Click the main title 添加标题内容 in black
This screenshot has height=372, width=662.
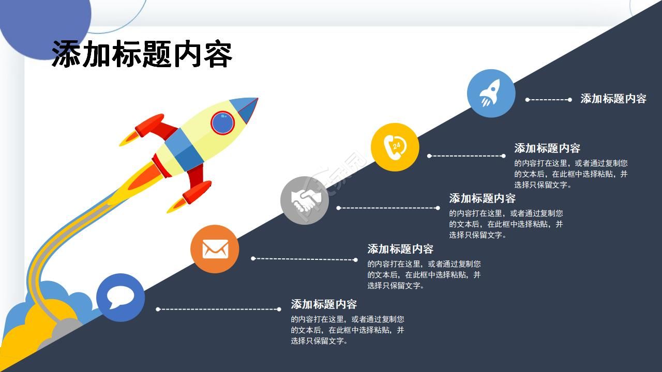point(142,54)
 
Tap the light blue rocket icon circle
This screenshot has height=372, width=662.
point(491,94)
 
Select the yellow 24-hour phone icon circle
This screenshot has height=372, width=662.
point(395,147)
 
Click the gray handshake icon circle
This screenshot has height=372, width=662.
point(305,200)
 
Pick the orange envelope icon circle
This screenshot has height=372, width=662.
point(215,249)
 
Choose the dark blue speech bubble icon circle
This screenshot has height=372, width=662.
point(121,298)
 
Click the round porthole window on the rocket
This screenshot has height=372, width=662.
point(222,123)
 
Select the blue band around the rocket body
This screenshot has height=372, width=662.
point(184,150)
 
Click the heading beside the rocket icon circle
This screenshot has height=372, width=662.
point(613,99)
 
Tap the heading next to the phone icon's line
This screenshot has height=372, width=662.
point(547,148)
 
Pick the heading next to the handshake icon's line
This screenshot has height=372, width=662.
point(483,198)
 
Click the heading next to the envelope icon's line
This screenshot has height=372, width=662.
point(400,249)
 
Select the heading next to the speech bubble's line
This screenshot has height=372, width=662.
point(324,304)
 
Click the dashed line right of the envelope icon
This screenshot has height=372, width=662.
point(305,259)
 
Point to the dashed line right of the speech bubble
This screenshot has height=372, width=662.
point(218,309)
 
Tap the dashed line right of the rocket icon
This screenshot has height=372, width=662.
point(549,100)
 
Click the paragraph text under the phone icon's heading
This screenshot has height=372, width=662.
point(570,174)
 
